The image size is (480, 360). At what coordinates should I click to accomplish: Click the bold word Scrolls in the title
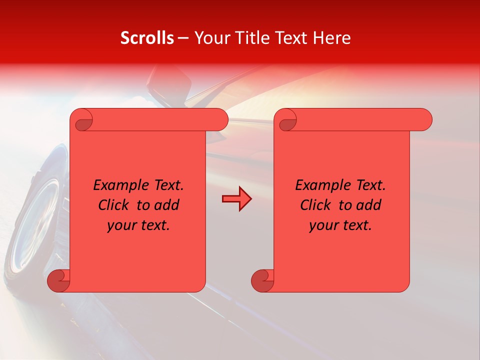[147, 38]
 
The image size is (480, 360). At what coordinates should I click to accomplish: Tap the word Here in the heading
[332, 38]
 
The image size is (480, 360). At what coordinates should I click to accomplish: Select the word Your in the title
[210, 38]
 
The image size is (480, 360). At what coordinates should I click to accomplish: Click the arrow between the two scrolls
[236, 199]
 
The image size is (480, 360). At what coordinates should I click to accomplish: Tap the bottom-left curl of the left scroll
[58, 280]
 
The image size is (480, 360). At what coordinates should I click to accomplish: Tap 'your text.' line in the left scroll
[138, 225]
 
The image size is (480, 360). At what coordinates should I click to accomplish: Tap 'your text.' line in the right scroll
[340, 225]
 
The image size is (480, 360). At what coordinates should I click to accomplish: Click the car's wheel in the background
[37, 220]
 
